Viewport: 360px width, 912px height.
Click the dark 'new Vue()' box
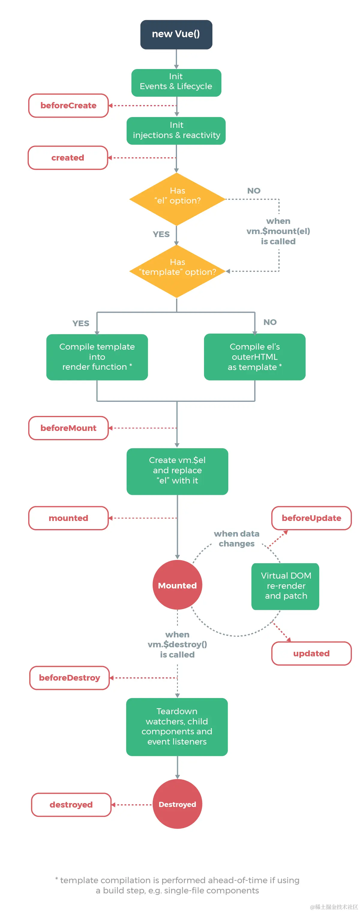click(x=176, y=34)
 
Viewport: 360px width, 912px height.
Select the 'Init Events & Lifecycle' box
click(x=176, y=83)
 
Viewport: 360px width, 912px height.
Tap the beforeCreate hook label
click(x=68, y=106)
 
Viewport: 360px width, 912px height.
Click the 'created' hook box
click(x=67, y=158)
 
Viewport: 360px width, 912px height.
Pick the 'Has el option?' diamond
click(x=177, y=199)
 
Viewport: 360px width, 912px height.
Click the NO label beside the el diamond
click(x=253, y=191)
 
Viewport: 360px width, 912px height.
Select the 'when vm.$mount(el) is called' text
click(x=278, y=231)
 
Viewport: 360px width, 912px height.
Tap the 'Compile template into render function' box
click(x=97, y=357)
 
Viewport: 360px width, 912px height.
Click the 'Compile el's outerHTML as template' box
click(x=254, y=357)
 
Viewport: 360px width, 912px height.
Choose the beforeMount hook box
click(x=68, y=428)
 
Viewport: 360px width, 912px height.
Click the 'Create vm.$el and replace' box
click(x=177, y=471)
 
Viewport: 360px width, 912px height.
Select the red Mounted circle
click(x=177, y=585)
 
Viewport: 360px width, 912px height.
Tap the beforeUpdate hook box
click(x=311, y=518)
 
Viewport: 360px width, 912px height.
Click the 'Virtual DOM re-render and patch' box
click(x=285, y=586)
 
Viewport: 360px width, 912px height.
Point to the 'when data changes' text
click(x=236, y=538)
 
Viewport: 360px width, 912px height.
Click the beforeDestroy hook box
click(x=69, y=677)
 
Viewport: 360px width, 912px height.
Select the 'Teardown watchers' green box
click(x=177, y=726)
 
